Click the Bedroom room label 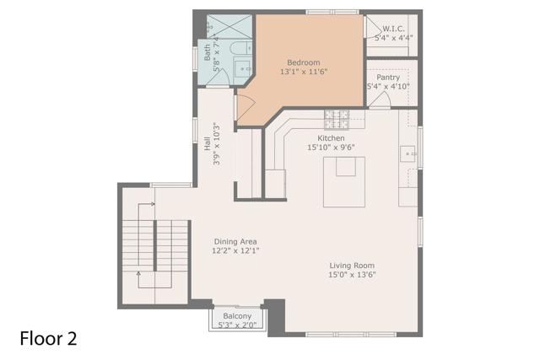303,62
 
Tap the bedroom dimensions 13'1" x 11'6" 303,73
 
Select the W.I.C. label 393,28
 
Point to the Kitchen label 331,138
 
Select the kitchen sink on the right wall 408,154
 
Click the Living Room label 352,265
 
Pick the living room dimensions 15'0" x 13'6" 352,274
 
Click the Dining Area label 235,241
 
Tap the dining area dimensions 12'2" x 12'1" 235,250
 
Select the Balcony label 237,316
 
